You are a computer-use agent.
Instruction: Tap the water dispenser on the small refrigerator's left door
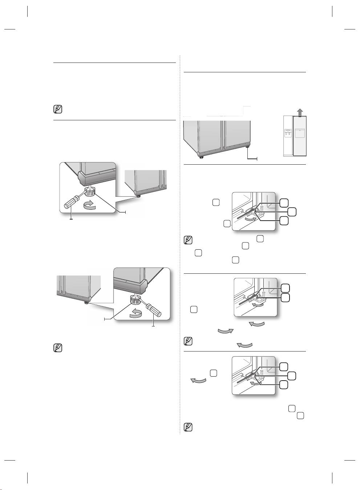tap(288, 133)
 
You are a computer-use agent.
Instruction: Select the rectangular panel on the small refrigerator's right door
tap(300, 133)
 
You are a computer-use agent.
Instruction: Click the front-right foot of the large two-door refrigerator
tap(247, 147)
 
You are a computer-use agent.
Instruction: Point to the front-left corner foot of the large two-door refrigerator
tap(200, 157)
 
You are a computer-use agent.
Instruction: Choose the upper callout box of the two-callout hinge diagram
tap(286, 288)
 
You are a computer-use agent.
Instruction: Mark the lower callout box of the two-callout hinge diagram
tap(286, 297)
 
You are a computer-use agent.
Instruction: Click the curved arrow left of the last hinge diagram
tap(199, 381)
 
